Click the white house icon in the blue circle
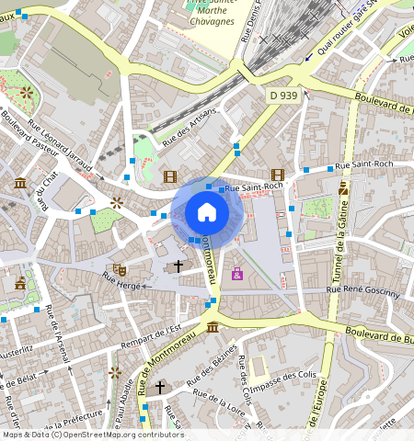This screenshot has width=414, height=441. tap(207, 213)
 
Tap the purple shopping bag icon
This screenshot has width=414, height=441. tap(237, 275)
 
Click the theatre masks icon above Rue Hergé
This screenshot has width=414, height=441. tap(120, 269)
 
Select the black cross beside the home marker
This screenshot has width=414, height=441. tap(178, 266)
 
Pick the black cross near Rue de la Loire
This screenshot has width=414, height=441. tap(159, 388)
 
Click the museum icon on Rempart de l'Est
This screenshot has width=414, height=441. tap(213, 327)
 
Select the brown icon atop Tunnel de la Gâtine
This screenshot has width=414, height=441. tap(343, 187)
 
